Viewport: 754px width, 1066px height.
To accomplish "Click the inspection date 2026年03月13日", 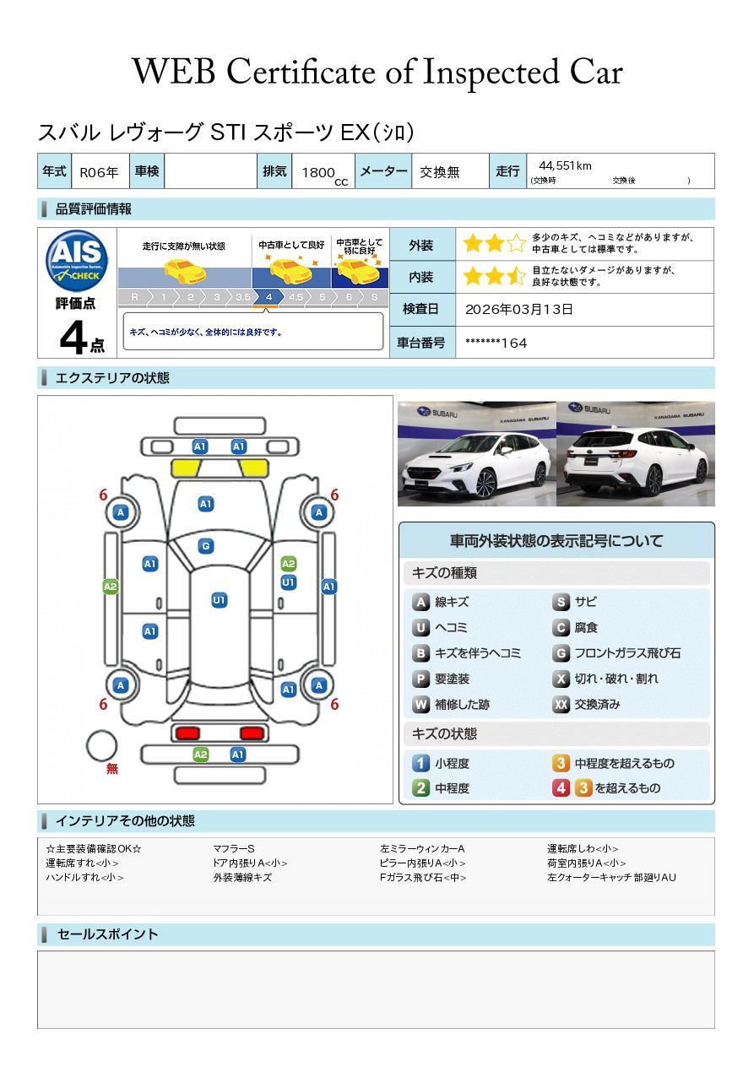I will point(519,309).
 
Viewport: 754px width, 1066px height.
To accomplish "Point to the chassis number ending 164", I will point(496,343).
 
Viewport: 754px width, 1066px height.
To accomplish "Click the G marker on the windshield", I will point(205,546).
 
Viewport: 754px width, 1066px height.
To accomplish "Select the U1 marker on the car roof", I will point(219,600).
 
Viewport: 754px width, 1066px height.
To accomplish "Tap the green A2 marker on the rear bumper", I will point(200,755).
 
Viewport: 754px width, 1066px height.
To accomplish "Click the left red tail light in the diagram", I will point(186,733).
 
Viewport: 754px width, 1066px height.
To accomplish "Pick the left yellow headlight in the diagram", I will point(187,468).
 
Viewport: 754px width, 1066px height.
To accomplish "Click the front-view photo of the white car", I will point(475,453).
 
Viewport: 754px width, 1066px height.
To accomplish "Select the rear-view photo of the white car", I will point(635,453).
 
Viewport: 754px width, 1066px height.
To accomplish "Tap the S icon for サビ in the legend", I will point(560,602).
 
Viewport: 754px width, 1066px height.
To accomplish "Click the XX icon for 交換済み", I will point(561,704).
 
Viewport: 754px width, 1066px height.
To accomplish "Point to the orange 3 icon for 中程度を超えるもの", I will point(561,763).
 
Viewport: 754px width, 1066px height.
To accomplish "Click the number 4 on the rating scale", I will point(268,297).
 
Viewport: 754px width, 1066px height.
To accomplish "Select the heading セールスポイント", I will point(107,934).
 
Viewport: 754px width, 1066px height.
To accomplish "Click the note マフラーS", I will point(234,848).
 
